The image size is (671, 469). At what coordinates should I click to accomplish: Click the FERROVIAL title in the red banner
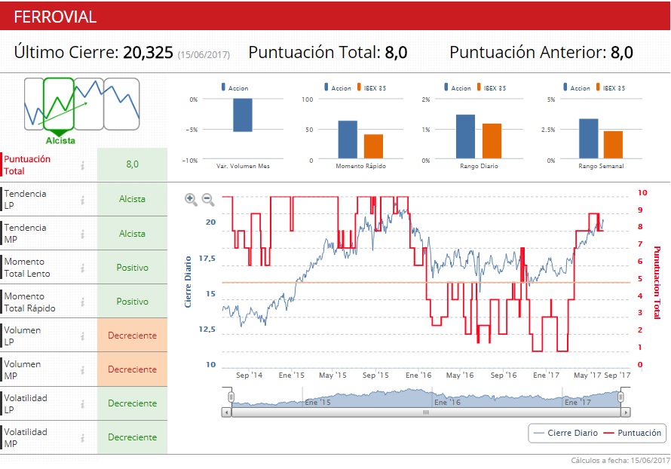55,17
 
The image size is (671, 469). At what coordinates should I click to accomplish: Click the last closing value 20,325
148,53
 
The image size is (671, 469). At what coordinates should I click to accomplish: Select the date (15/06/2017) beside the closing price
203,54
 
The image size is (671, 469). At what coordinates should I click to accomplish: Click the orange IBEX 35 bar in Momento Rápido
374,147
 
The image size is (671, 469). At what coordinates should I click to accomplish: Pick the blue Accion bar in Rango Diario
465,136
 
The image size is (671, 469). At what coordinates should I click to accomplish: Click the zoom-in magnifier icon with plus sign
191,199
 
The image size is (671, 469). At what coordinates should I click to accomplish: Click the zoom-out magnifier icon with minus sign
208,199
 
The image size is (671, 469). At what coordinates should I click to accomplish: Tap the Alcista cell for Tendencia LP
132,200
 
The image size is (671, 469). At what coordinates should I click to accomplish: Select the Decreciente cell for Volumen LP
132,336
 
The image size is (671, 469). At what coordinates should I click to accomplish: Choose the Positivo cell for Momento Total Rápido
132,302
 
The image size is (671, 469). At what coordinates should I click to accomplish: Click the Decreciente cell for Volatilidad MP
132,437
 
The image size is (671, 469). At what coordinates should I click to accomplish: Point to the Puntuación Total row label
27,165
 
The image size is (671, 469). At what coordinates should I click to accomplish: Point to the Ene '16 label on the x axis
418,375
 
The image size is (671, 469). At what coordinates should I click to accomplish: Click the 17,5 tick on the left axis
205,259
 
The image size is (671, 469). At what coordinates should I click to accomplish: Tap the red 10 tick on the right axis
640,192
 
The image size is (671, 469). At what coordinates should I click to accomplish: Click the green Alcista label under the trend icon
60,140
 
